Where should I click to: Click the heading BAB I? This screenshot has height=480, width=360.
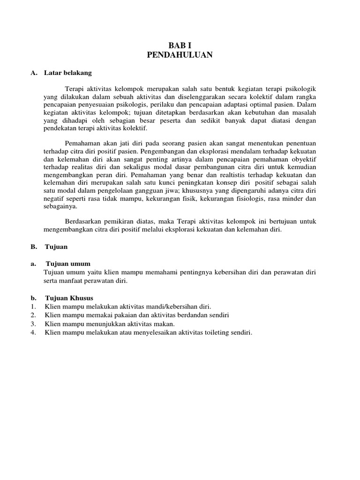coord(180,46)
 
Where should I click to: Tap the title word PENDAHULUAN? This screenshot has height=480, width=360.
coord(180,55)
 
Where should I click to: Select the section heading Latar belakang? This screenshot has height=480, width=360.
coord(68,73)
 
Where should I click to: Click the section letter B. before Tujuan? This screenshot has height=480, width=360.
coord(33,246)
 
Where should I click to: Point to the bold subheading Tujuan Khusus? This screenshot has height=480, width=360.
coord(69,298)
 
